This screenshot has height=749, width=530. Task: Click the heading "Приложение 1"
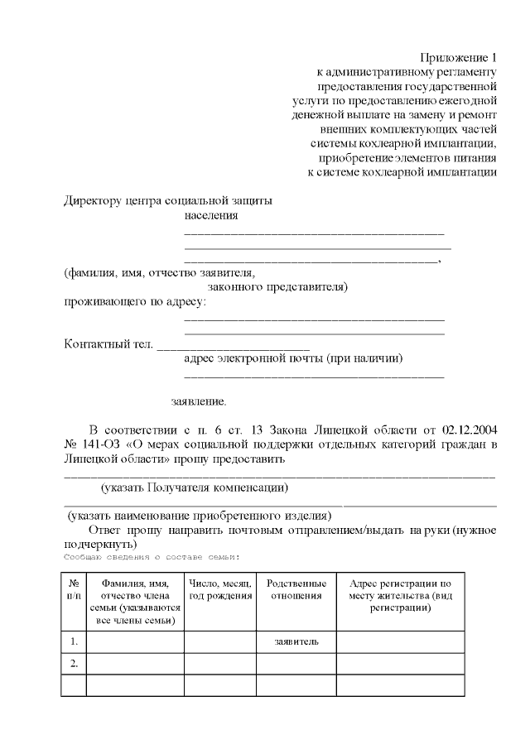click(x=458, y=58)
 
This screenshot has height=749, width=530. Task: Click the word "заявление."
click(x=199, y=401)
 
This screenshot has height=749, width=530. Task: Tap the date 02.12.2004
click(x=470, y=429)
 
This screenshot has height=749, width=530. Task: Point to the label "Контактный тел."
click(x=108, y=343)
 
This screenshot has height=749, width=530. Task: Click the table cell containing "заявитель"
click(x=296, y=641)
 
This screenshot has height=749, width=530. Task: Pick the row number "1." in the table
click(x=74, y=641)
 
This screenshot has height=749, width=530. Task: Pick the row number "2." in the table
click(x=74, y=663)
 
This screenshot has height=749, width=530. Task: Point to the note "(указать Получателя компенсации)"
click(x=194, y=487)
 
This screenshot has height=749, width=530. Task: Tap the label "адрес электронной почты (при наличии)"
click(x=293, y=358)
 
